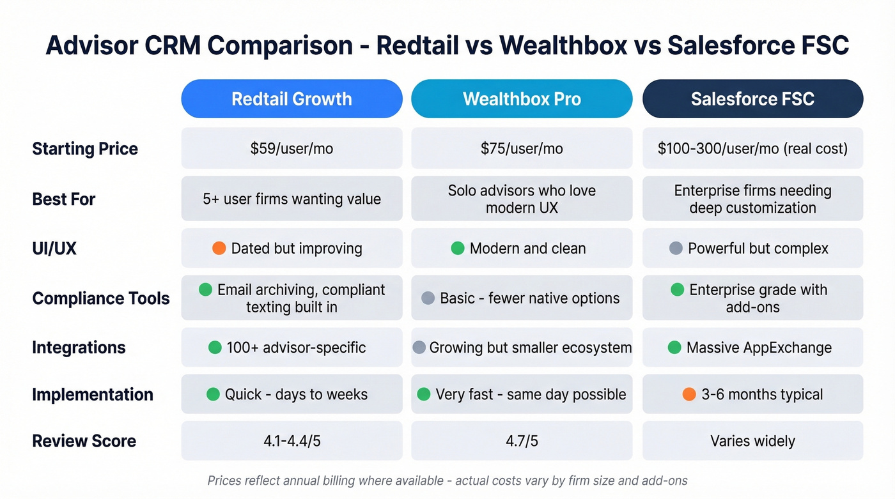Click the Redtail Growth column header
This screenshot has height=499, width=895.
(x=292, y=99)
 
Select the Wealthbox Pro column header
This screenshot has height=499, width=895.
(x=522, y=99)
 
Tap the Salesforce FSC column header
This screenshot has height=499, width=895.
(x=752, y=99)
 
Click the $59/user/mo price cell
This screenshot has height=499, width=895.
(x=292, y=149)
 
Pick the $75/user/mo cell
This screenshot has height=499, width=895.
(x=522, y=149)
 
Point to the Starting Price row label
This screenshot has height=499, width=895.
(x=85, y=149)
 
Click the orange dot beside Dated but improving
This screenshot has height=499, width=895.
(x=219, y=249)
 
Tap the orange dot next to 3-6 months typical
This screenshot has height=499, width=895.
(x=689, y=394)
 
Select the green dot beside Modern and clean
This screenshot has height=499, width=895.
(x=458, y=249)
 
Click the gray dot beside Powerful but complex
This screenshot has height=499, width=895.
(x=676, y=249)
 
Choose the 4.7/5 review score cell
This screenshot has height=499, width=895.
(x=522, y=441)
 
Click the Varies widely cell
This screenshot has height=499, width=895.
(x=752, y=441)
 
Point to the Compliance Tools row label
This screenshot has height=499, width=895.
(x=101, y=298)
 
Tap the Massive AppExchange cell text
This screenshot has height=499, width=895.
(x=759, y=348)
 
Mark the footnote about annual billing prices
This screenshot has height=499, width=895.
(x=447, y=480)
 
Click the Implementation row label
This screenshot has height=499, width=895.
(x=93, y=394)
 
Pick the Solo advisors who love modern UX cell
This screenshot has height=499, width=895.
(x=522, y=199)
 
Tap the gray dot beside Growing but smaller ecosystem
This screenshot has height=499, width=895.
(x=419, y=348)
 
